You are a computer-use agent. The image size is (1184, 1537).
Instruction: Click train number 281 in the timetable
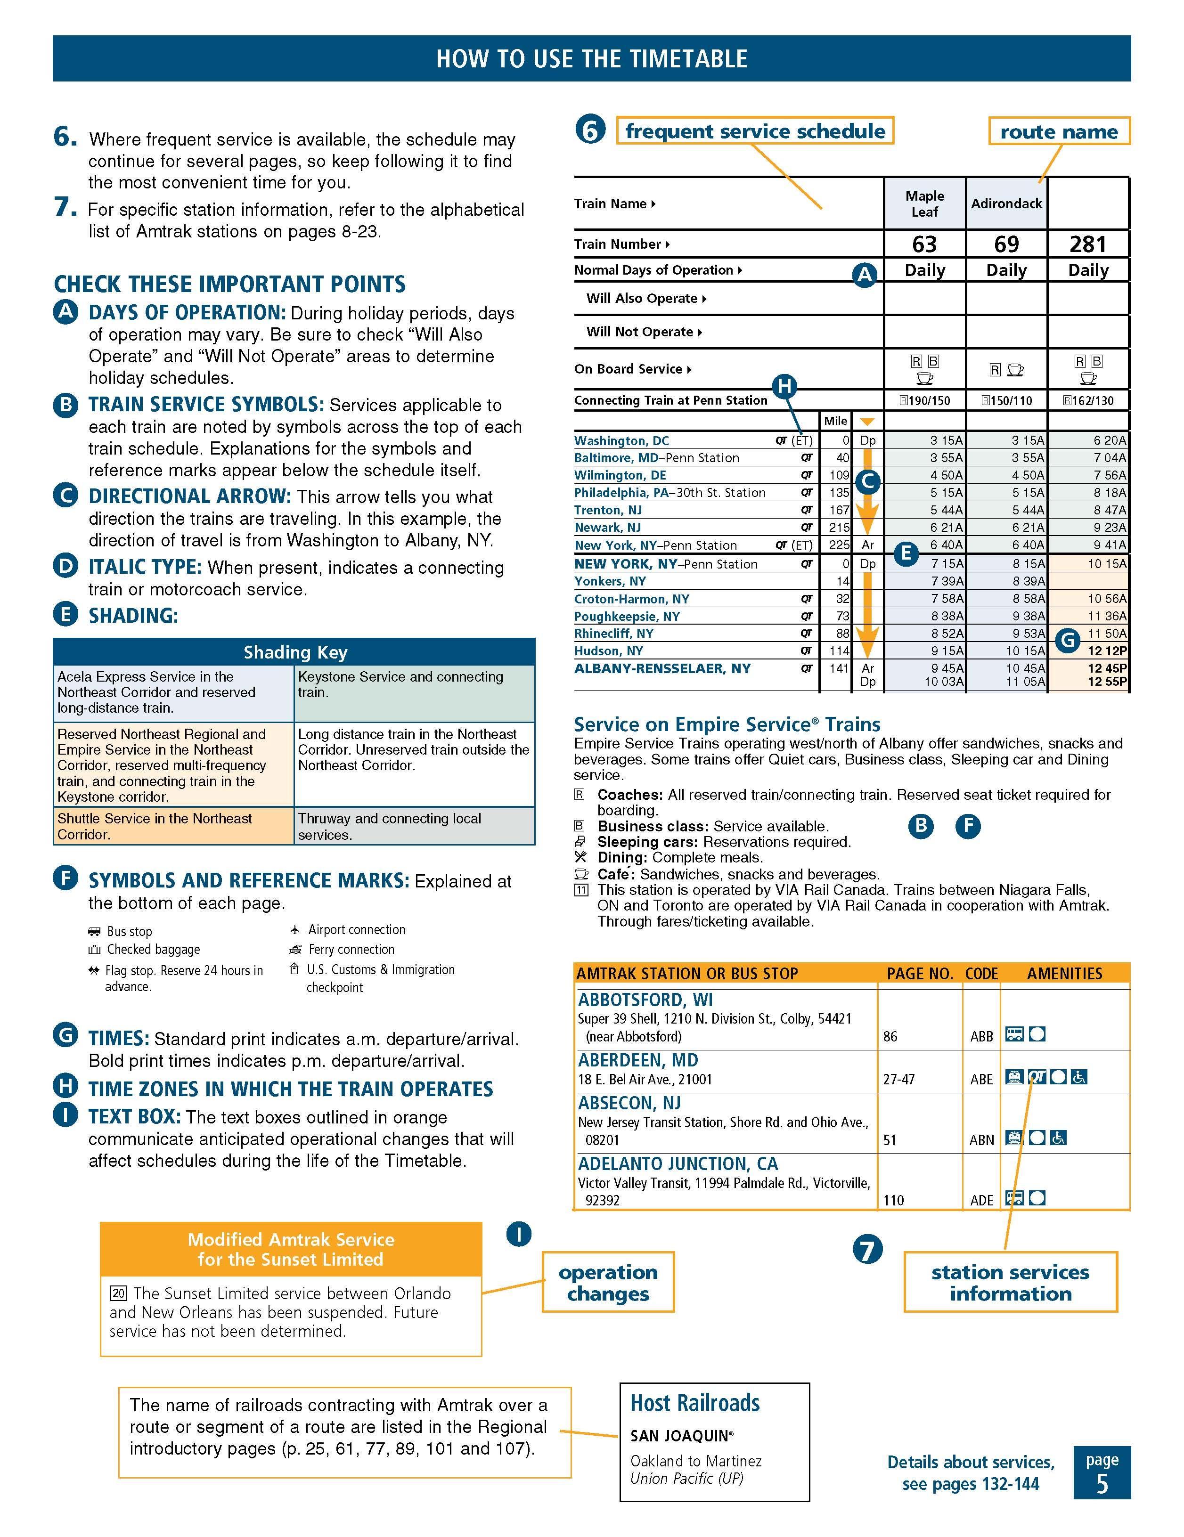click(1087, 244)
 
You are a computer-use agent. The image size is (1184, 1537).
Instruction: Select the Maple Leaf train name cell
click(924, 203)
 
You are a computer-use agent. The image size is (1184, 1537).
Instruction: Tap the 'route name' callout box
click(1059, 131)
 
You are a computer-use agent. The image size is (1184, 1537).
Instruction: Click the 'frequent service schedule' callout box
click(755, 131)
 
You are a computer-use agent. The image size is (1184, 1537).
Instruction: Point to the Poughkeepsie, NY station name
click(627, 617)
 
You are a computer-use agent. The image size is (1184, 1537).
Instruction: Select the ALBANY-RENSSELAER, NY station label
click(662, 668)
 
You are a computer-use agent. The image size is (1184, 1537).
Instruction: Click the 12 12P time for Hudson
click(1107, 651)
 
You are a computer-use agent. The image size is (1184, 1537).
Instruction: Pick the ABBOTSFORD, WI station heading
click(645, 1000)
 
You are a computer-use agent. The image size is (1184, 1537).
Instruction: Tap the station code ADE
click(981, 1200)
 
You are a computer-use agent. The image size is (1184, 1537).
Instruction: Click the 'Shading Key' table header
click(295, 652)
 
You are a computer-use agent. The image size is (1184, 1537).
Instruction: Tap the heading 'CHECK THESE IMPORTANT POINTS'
click(229, 285)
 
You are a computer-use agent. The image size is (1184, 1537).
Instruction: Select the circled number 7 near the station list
click(867, 1250)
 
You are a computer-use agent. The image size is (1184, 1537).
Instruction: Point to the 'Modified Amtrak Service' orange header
click(291, 1249)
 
